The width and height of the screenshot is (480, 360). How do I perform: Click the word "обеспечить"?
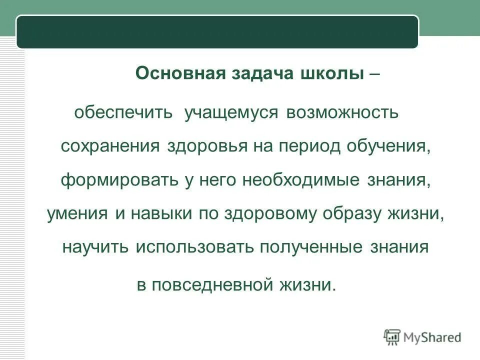coord(124,112)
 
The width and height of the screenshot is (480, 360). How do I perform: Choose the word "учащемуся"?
coord(230,112)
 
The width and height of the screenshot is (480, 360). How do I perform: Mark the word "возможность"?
coord(342,112)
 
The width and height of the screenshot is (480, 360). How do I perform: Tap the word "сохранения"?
coord(110,146)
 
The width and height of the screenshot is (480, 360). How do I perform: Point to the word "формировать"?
coord(118,180)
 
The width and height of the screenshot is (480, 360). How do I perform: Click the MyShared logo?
coord(422,337)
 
